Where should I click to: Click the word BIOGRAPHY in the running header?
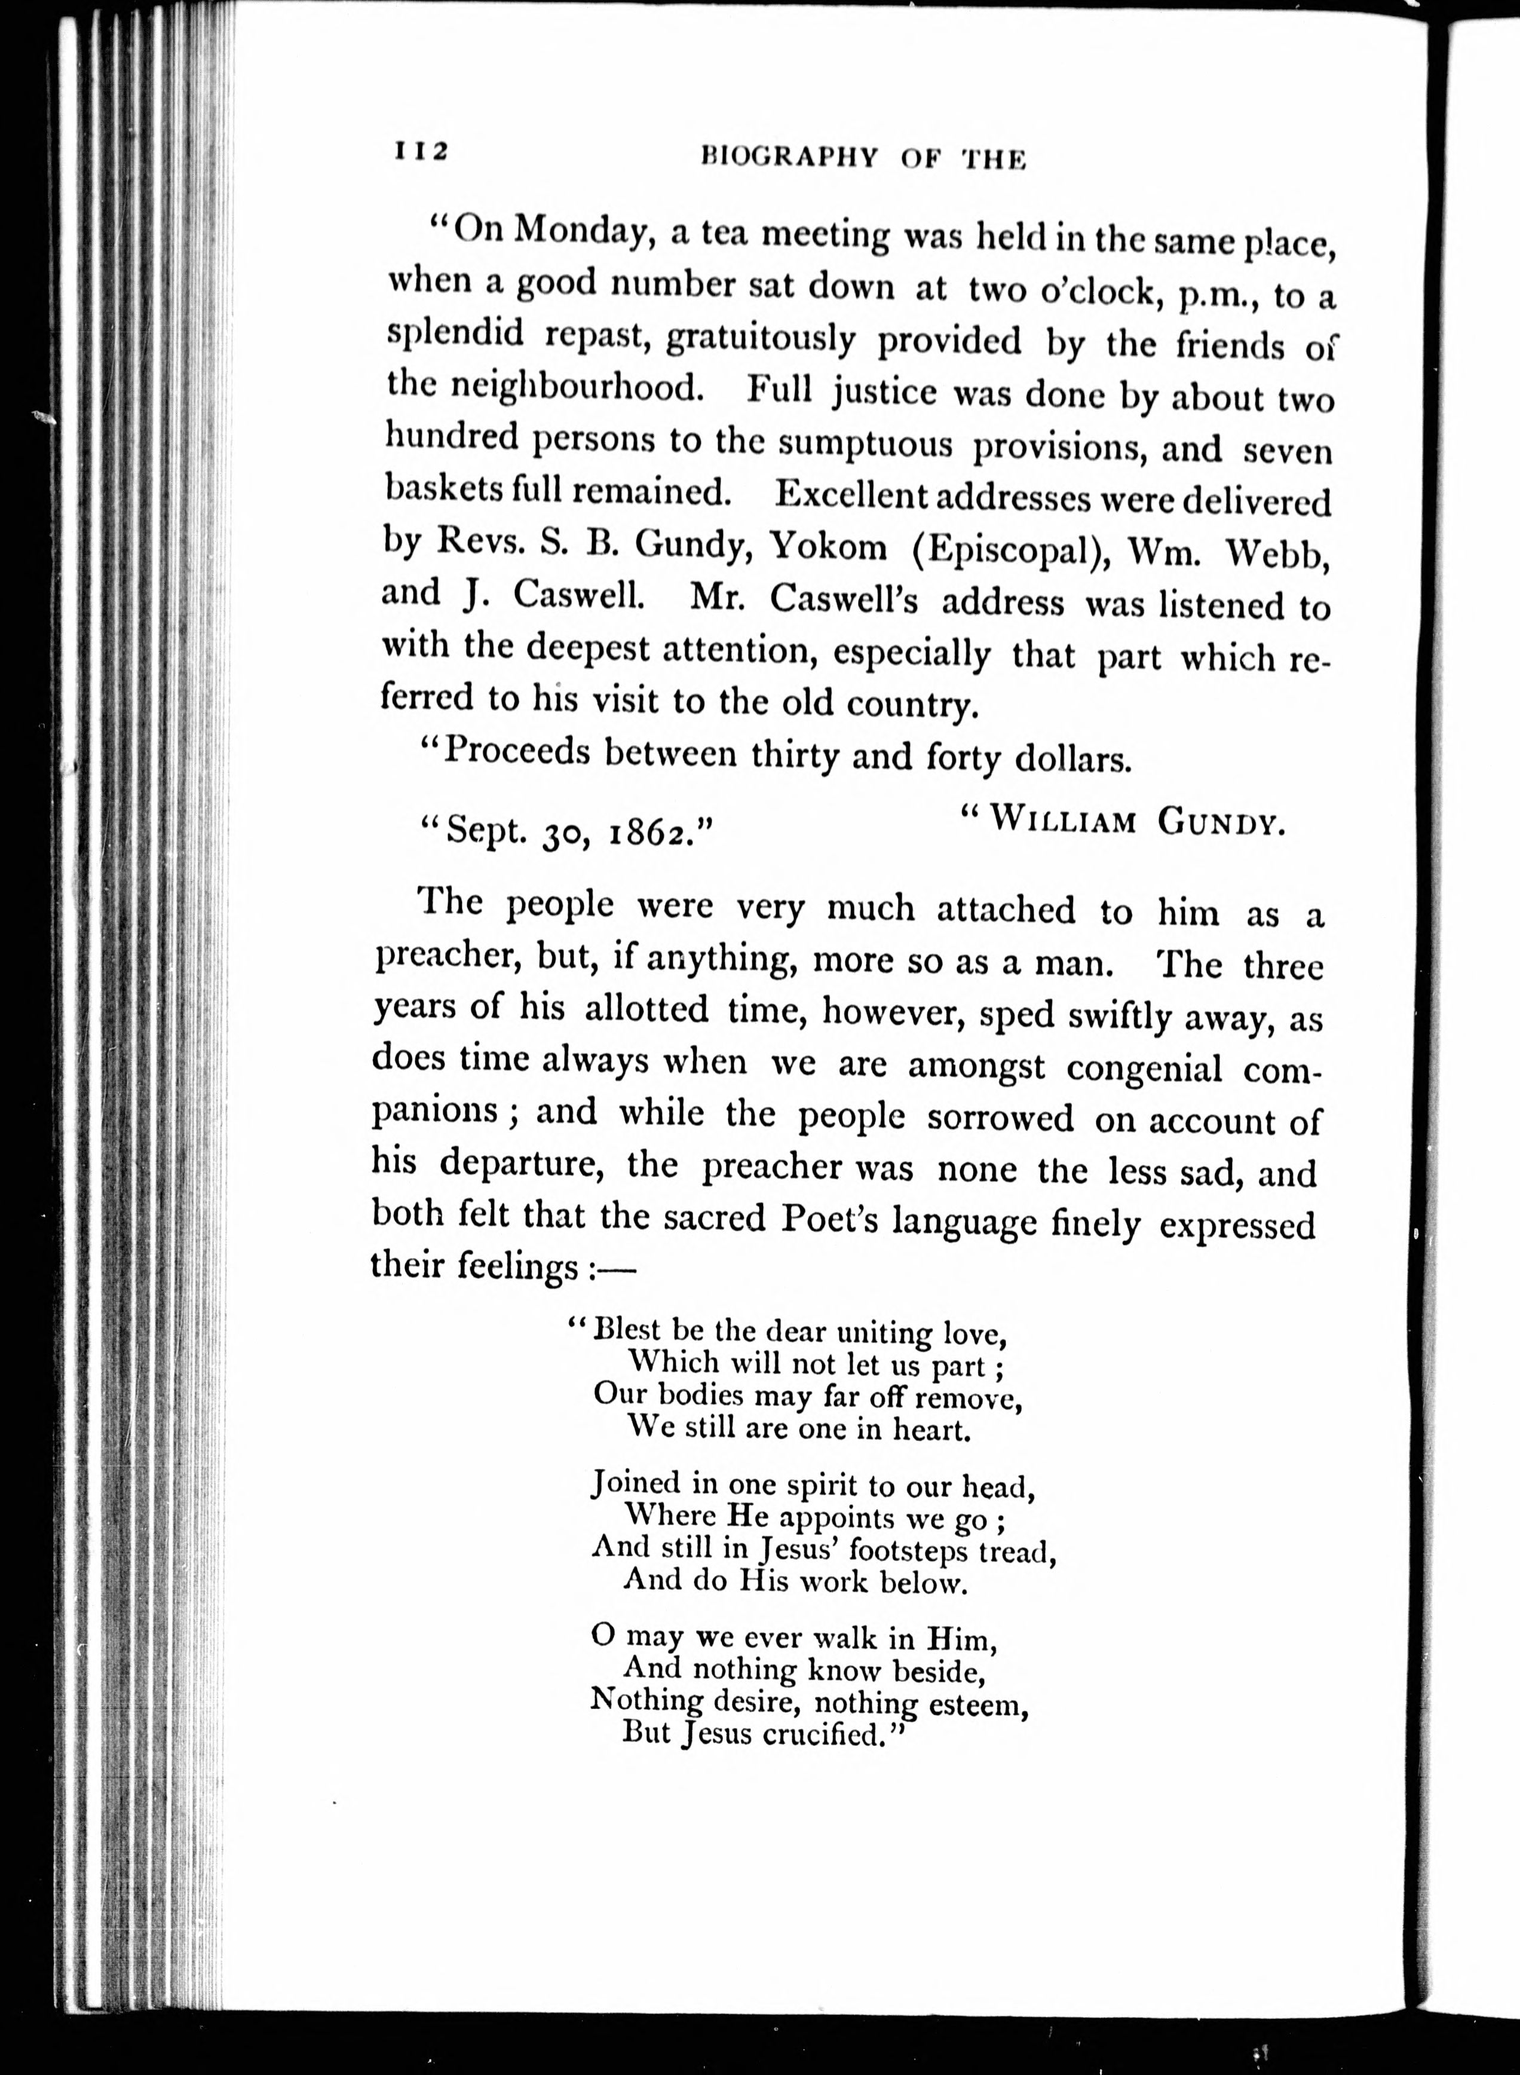787,157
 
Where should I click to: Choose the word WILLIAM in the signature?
1062,819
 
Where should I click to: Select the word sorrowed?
1000,1118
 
